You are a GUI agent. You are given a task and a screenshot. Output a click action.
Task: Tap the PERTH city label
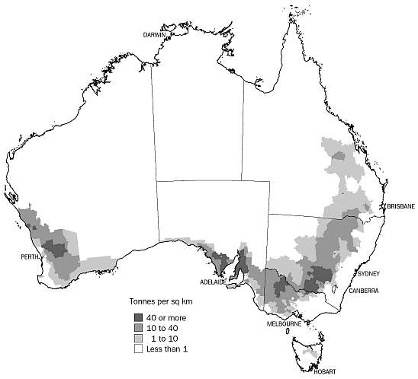tap(31, 257)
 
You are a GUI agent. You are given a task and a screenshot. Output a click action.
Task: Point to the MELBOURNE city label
tap(282, 323)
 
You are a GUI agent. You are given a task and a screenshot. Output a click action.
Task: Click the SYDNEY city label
tap(368, 273)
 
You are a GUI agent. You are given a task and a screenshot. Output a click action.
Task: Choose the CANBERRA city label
tap(364, 291)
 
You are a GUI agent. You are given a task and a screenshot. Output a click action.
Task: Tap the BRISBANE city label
tap(400, 206)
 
